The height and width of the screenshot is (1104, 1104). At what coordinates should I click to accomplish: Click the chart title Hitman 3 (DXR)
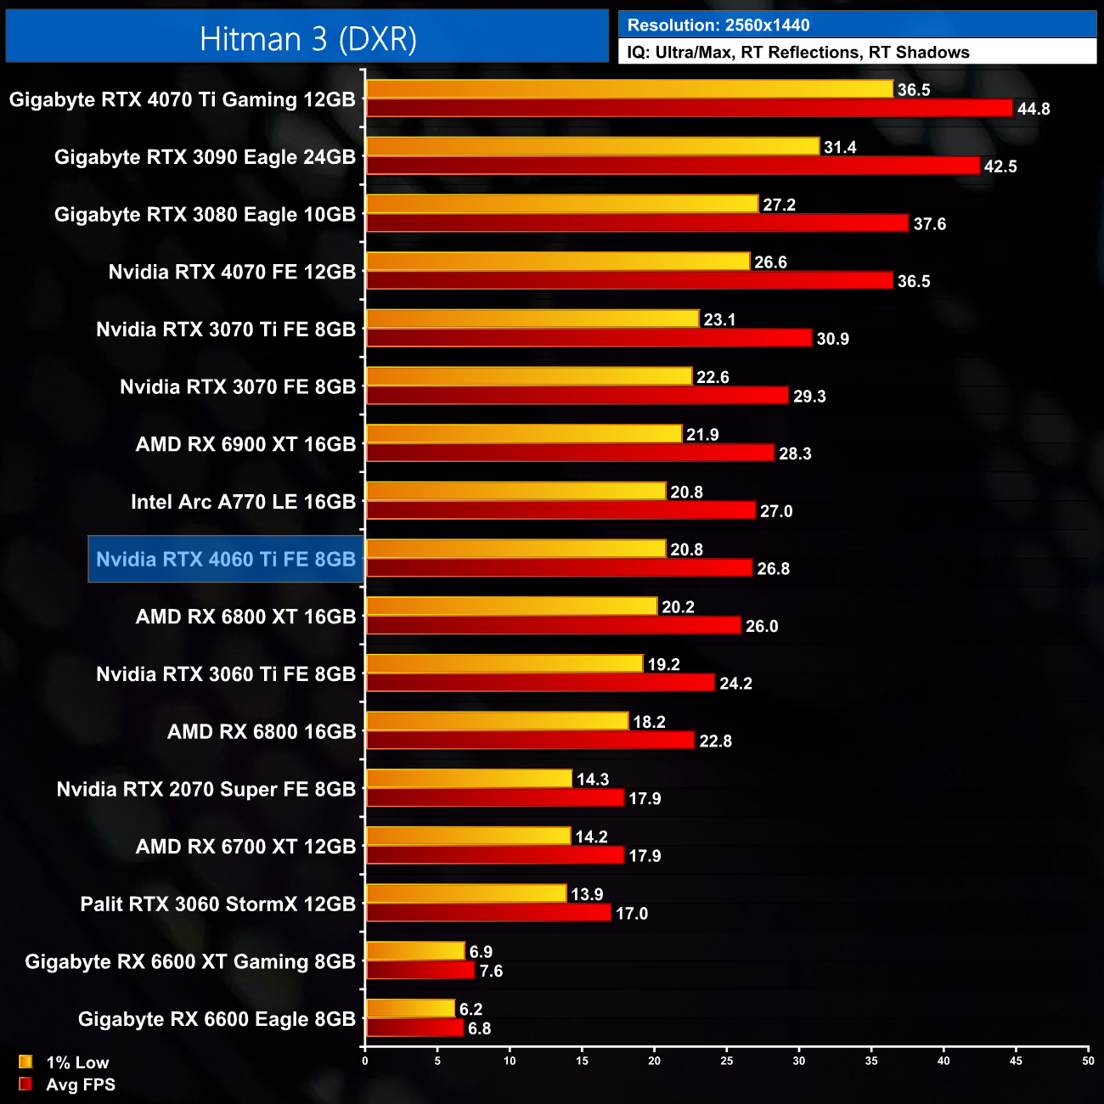tap(307, 39)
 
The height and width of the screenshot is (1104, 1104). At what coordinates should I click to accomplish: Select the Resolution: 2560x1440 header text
tap(718, 25)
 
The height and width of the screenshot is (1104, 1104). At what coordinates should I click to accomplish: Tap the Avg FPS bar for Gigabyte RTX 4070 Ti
tap(689, 108)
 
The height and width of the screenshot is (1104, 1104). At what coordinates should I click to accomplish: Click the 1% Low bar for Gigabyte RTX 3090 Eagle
tap(593, 147)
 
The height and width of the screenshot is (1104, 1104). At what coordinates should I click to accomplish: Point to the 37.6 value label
tap(929, 224)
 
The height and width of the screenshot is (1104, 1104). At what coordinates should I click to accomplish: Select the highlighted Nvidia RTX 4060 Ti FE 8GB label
tap(226, 560)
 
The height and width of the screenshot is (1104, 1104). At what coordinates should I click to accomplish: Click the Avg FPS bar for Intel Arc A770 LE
tap(560, 510)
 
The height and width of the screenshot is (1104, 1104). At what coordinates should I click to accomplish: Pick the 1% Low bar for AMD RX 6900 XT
tap(524, 434)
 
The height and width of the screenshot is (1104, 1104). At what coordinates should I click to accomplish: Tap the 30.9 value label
tap(832, 339)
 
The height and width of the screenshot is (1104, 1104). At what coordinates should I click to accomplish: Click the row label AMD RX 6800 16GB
tap(262, 732)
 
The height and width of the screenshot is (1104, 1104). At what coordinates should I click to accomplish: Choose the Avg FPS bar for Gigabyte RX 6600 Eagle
tap(414, 1028)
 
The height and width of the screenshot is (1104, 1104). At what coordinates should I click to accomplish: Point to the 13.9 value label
tap(587, 894)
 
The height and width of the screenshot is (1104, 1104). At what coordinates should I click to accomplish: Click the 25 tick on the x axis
tap(727, 1061)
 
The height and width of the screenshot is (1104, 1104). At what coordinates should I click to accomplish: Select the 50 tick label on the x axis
tap(1088, 1061)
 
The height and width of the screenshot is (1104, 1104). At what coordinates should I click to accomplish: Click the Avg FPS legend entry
tap(67, 1084)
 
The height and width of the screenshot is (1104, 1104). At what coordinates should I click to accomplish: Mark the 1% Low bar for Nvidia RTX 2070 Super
tap(469, 779)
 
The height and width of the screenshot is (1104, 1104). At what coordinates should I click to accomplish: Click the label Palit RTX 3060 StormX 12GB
tap(217, 904)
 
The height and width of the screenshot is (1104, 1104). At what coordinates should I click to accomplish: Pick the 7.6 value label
tap(491, 971)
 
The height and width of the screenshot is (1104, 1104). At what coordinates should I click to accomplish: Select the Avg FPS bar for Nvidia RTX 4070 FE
tap(629, 281)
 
